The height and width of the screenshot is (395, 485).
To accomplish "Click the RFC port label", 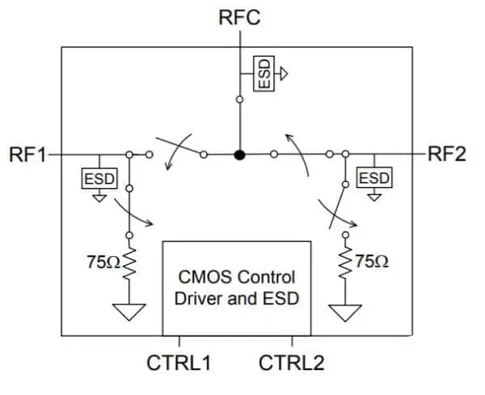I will [239, 17].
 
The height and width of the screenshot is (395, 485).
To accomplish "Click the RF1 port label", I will [28, 153].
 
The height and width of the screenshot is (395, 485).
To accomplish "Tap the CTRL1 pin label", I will [179, 363].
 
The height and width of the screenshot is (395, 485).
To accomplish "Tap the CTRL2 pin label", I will [292, 363].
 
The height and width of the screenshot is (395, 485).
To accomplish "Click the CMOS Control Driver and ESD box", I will [237, 287].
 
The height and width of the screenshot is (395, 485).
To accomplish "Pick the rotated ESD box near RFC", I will [264, 74].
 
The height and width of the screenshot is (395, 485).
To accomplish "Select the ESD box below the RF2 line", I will [373, 177].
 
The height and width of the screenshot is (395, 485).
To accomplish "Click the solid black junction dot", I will [239, 153].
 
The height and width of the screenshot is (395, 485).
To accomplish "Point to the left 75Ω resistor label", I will [103, 261].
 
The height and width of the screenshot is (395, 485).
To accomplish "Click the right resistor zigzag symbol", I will [346, 261].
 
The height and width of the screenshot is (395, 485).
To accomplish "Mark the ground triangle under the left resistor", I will [128, 312].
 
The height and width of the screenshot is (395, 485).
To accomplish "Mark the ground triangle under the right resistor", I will [346, 312].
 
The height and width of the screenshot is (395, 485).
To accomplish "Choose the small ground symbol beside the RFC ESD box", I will [284, 74].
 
